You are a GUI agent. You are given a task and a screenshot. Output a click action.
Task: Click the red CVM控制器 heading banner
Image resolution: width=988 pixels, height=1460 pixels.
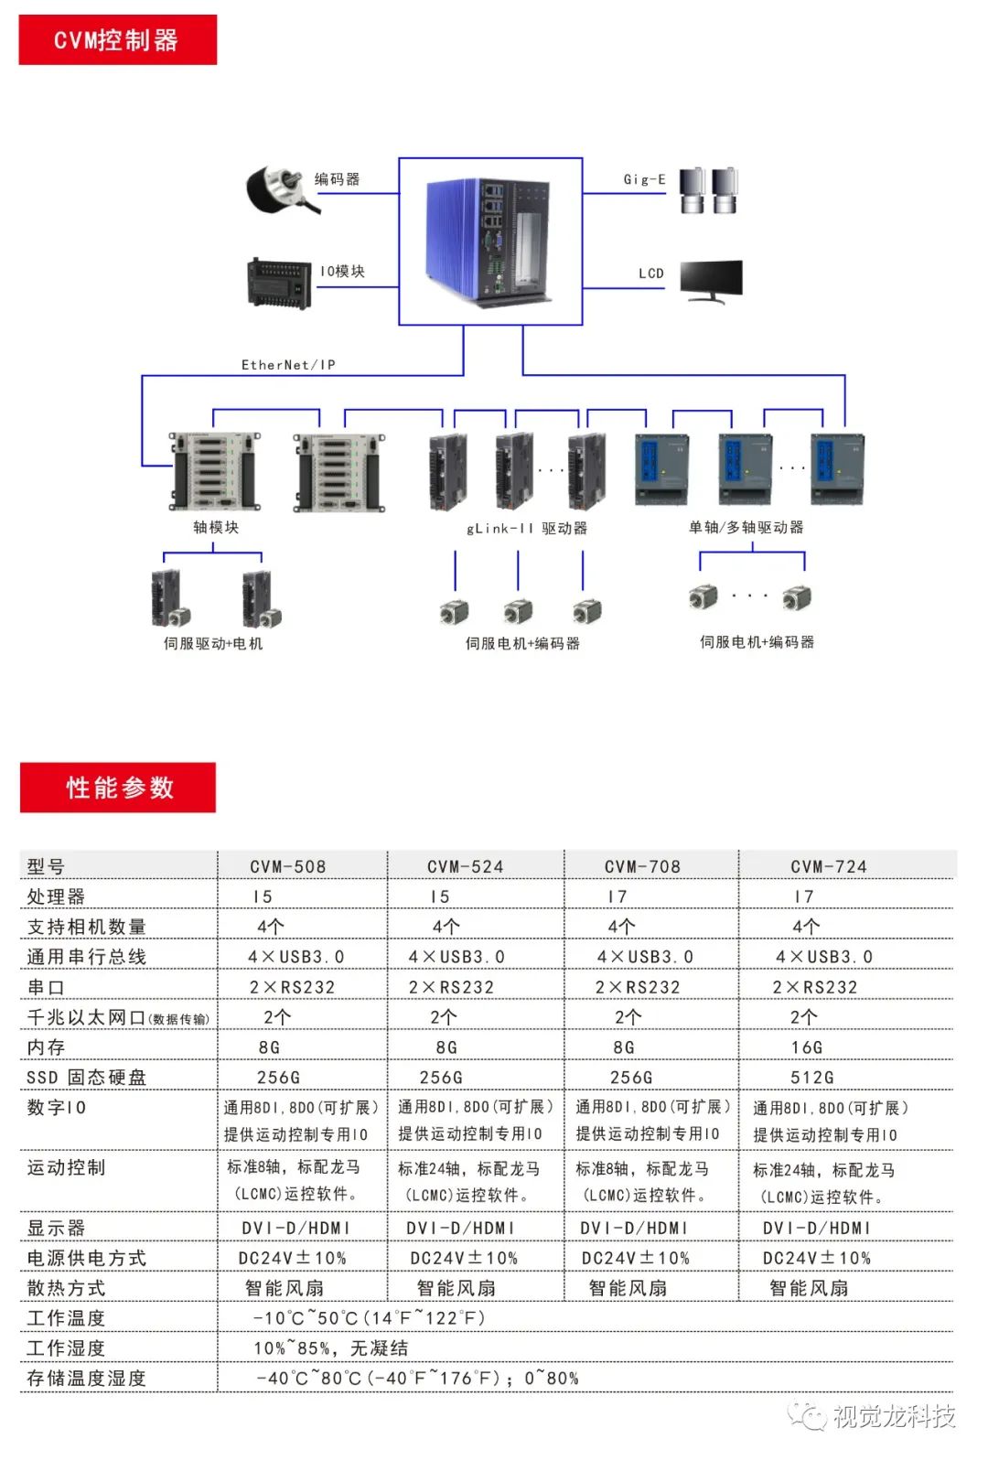point(118,39)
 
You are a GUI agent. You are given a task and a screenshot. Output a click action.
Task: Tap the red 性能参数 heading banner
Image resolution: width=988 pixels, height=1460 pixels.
point(118,787)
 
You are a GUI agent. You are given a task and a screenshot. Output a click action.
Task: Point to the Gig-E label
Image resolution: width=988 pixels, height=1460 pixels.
point(645,179)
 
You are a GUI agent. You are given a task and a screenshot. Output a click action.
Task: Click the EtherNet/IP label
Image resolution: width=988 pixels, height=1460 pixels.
point(288,364)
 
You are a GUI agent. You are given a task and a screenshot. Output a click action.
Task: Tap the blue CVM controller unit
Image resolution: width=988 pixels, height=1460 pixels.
point(489,242)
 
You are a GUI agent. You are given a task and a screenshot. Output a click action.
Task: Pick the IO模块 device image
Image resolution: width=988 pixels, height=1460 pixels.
point(279,284)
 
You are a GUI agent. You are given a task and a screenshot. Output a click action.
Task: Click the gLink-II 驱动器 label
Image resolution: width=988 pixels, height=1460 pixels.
point(527,528)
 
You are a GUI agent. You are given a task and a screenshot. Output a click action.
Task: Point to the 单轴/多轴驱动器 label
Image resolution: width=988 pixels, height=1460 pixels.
point(746,527)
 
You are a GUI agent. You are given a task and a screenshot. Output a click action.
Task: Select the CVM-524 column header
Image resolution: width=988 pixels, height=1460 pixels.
point(466,866)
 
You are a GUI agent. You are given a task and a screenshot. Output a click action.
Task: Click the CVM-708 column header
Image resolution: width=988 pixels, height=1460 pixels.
point(642,866)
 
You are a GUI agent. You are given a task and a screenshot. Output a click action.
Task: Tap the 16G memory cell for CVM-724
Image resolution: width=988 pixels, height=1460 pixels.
point(807,1047)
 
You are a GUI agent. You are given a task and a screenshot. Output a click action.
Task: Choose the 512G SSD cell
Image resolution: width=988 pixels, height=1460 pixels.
point(812,1078)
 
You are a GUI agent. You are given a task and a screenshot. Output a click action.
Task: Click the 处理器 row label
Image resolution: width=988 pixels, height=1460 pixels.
point(56,896)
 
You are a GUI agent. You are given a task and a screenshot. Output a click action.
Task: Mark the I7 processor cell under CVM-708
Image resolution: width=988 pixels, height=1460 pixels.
point(617,896)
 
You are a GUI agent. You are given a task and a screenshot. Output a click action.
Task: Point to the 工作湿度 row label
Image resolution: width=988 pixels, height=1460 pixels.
point(66,1347)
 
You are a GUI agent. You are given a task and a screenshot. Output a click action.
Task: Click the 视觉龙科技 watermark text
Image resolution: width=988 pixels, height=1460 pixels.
point(894,1416)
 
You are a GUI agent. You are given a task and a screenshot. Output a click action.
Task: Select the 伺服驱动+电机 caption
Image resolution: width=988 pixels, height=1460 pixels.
point(213,643)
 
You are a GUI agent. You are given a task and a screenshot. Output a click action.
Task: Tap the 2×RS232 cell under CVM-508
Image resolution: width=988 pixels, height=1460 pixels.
point(292,987)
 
